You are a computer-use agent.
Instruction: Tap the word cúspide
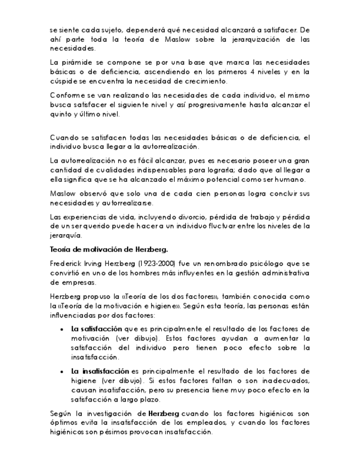[x=60, y=81]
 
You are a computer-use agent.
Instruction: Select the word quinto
[x=60, y=114]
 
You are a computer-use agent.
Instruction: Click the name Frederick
[x=67, y=263]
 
